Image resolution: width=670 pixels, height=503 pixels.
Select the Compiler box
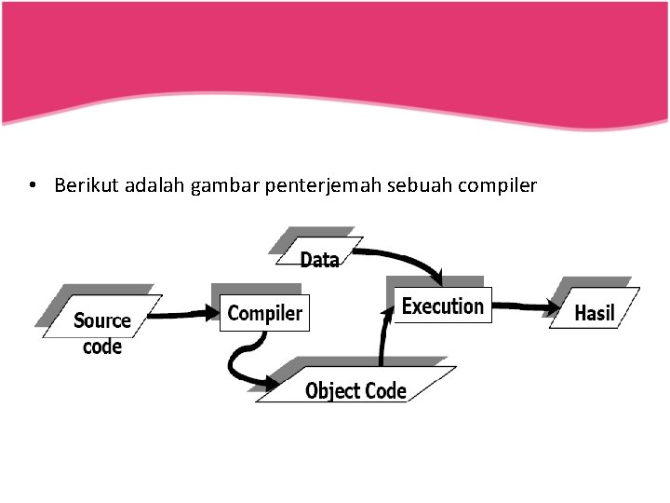click(x=265, y=313)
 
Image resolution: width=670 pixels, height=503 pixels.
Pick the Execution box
click(x=443, y=306)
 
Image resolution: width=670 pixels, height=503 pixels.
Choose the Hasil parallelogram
click(x=595, y=313)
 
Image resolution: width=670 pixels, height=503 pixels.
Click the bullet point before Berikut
click(x=33, y=185)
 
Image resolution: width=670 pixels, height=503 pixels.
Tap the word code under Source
click(x=102, y=347)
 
